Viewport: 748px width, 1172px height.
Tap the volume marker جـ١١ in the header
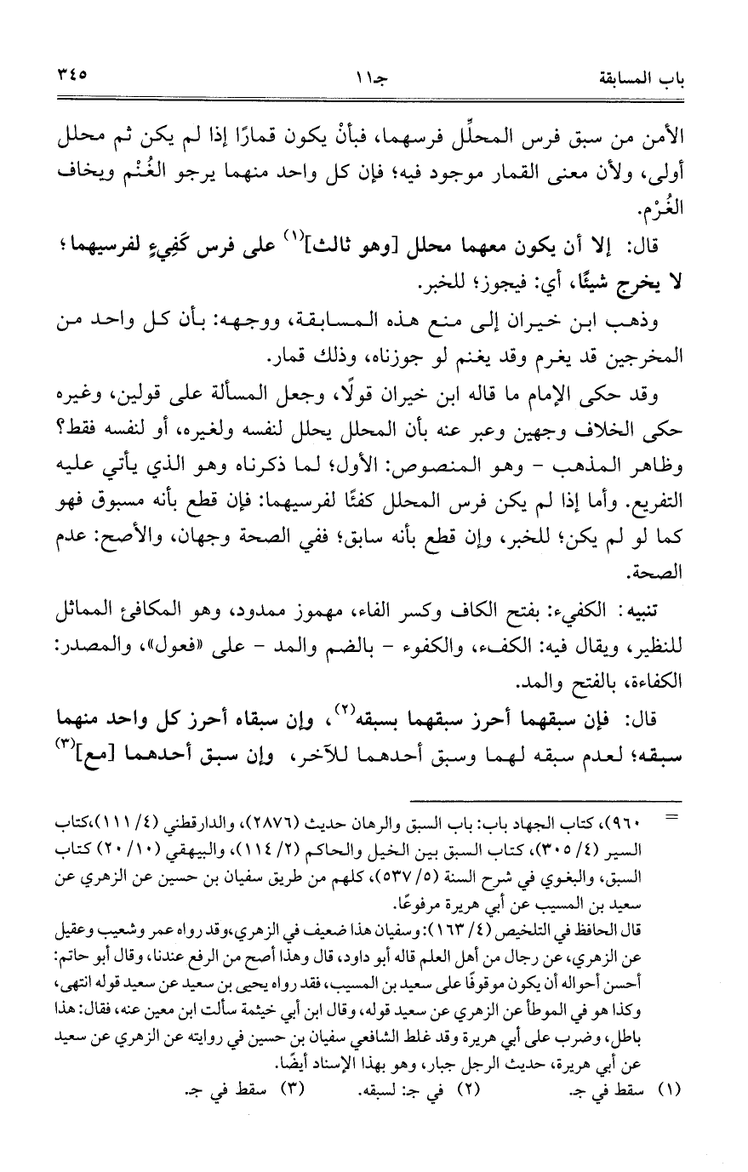[x=373, y=81]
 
